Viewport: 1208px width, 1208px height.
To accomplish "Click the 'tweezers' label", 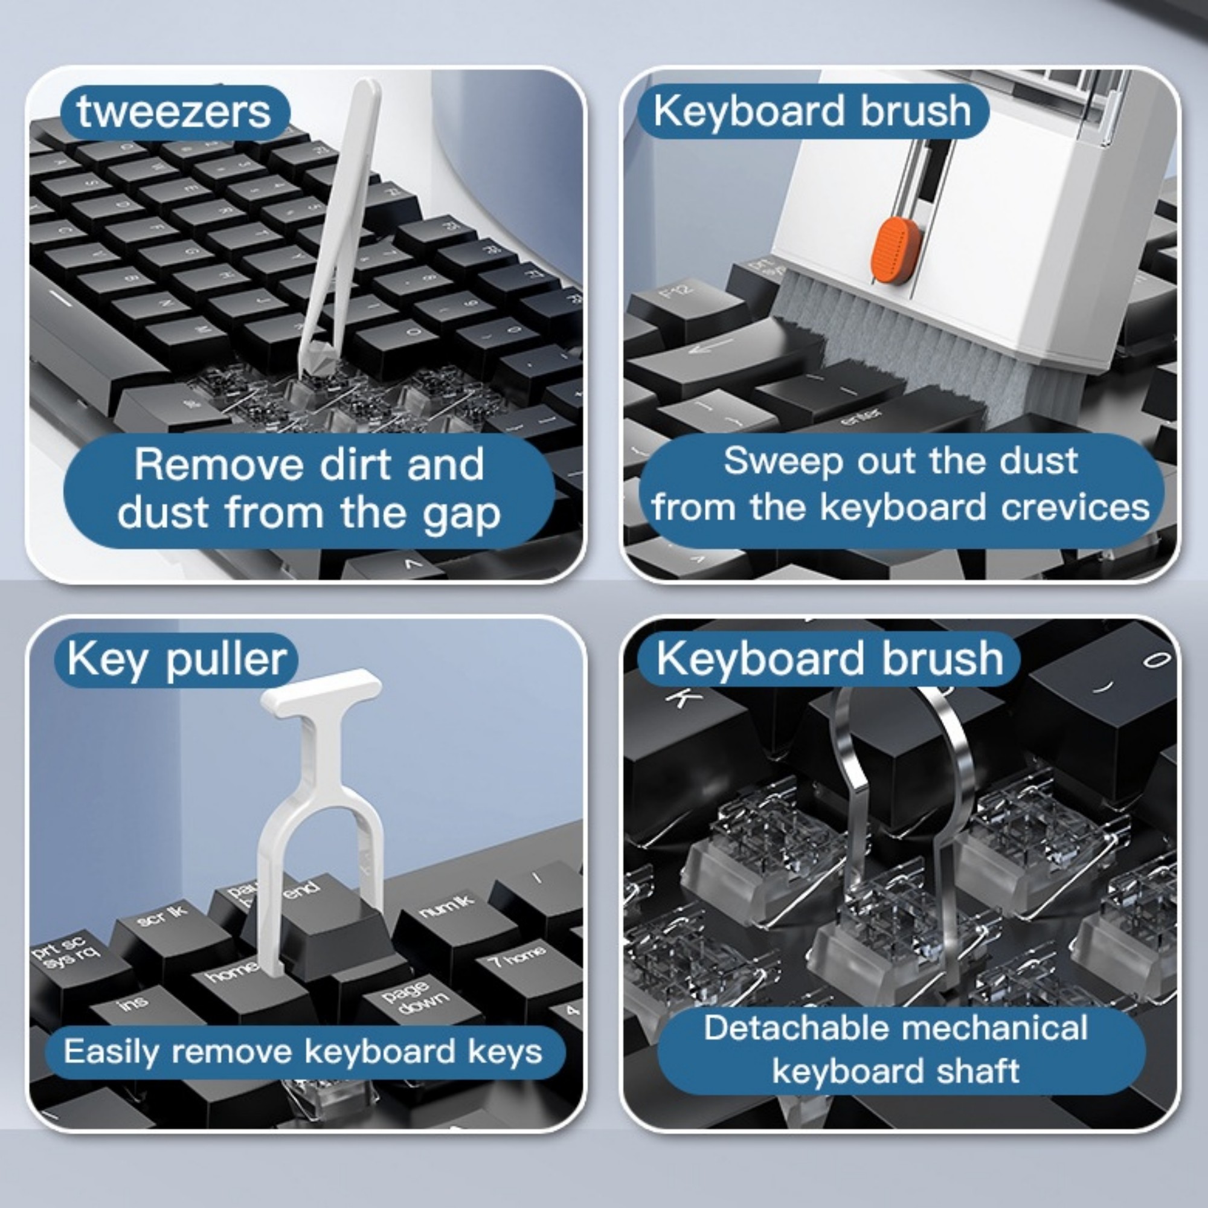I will (x=174, y=112).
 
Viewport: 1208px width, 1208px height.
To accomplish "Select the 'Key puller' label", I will (x=176, y=660).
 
